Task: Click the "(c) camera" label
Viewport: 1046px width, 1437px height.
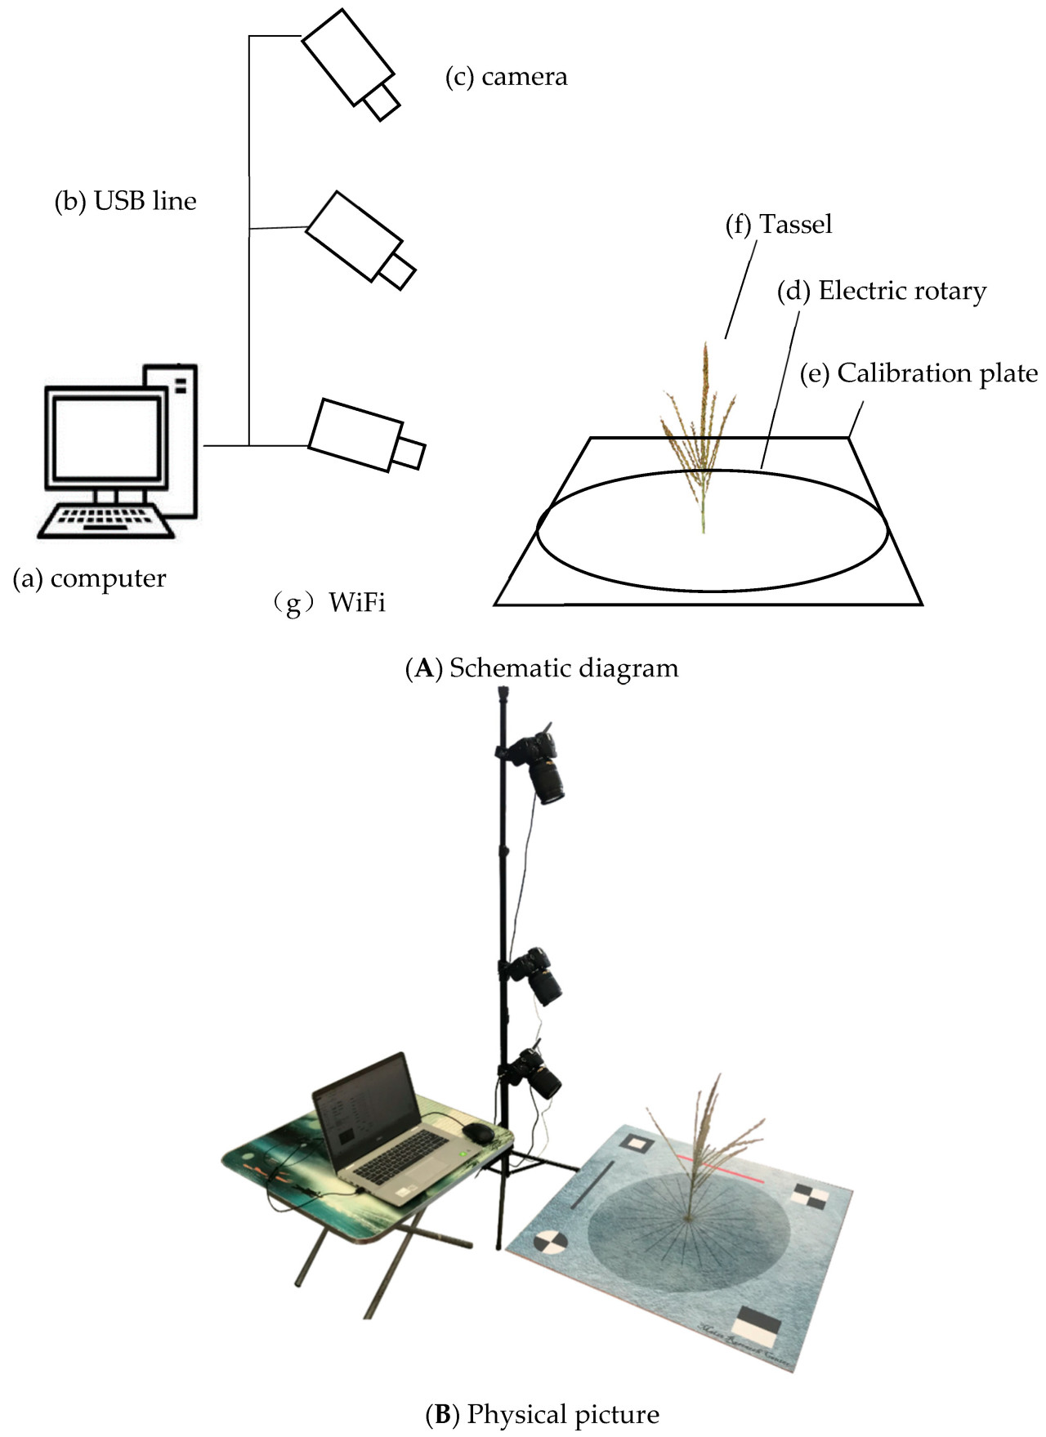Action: click(x=506, y=77)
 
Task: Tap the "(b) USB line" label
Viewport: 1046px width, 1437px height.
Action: click(x=126, y=201)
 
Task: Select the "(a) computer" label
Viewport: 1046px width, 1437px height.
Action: click(x=90, y=578)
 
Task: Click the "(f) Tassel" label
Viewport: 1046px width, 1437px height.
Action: click(x=779, y=224)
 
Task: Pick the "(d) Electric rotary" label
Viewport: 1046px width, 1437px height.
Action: click(x=882, y=291)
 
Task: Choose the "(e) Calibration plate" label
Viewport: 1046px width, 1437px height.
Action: click(x=919, y=373)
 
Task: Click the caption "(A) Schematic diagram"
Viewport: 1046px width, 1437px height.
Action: click(x=542, y=668)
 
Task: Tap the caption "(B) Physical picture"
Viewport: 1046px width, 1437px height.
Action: click(x=542, y=1414)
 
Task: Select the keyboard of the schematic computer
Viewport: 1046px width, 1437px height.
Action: click(x=106, y=521)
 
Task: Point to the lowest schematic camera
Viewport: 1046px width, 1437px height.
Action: click(x=364, y=436)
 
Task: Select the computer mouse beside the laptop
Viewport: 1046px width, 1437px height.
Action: click(x=478, y=1132)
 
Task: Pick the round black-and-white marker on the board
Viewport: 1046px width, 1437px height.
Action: click(x=551, y=1243)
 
